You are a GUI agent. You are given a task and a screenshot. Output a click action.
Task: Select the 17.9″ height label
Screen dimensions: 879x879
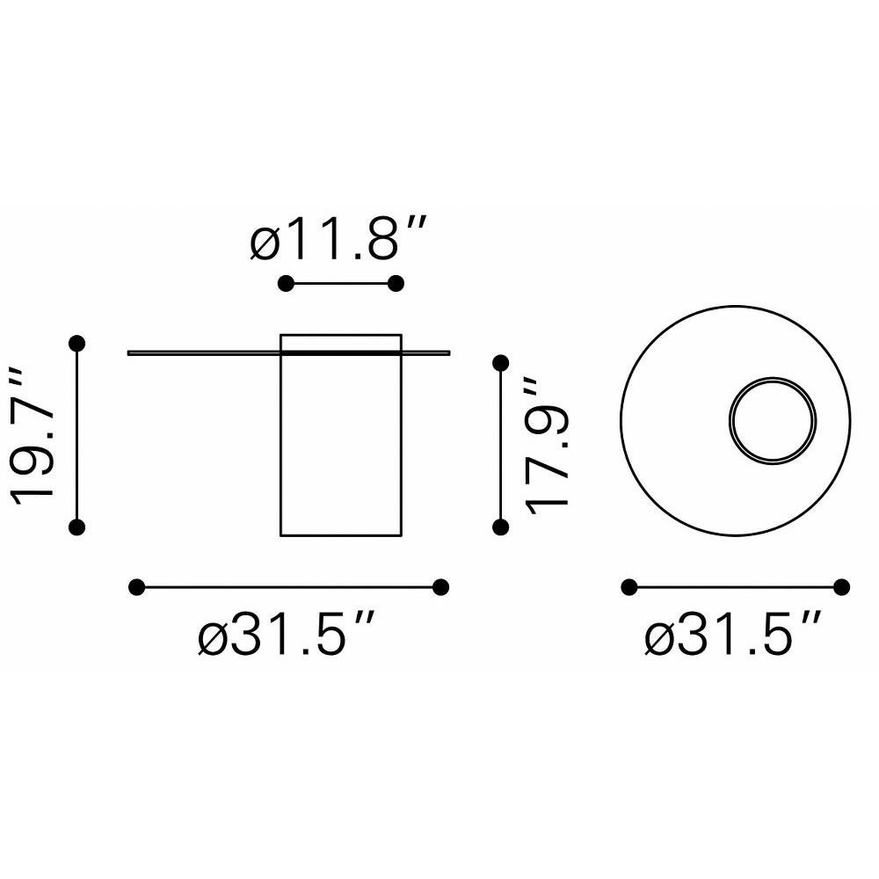click(547, 446)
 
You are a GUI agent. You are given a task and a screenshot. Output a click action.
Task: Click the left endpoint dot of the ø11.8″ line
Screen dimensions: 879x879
click(286, 284)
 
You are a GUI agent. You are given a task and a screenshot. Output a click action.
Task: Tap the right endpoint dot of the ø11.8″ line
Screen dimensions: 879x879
click(396, 284)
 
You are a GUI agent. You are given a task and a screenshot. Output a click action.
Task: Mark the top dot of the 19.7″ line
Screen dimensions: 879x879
click(76, 343)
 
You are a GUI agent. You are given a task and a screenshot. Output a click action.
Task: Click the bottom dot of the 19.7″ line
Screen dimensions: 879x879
click(76, 527)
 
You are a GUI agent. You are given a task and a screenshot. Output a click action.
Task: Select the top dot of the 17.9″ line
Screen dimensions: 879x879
click(501, 363)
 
